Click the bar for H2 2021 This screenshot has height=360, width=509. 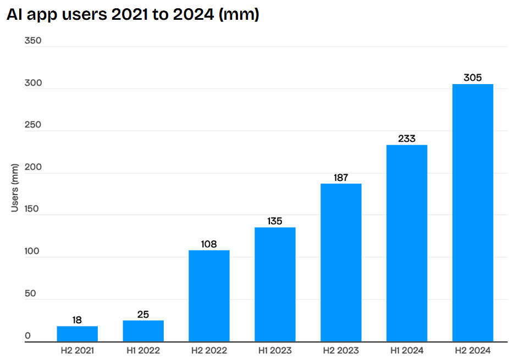click(x=77, y=334)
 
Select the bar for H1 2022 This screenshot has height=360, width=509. click(x=143, y=331)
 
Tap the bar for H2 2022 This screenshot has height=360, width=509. click(x=209, y=296)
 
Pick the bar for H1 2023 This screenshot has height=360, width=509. click(x=275, y=285)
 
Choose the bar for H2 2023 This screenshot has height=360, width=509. click(x=341, y=263)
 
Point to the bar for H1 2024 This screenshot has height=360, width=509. click(x=407, y=243)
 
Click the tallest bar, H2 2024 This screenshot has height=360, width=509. click(x=473, y=213)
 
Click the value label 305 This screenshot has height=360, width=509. click(x=473, y=77)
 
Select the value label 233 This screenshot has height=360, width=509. click(x=407, y=139)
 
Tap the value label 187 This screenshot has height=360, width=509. click(x=341, y=178)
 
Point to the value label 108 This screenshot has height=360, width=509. click(x=209, y=244)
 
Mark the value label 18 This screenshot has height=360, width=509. click(x=77, y=320)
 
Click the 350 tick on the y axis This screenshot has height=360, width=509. click(x=33, y=41)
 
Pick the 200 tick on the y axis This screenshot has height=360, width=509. click(x=33, y=168)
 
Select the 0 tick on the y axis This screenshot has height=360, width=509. click(x=28, y=336)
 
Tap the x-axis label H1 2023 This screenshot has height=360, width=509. click(x=275, y=350)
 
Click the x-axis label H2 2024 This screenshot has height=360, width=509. click(x=473, y=350)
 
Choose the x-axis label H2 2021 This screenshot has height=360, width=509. click(x=77, y=350)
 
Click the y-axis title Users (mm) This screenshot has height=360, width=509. click(x=15, y=187)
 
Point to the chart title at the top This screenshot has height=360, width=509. click(x=132, y=15)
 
